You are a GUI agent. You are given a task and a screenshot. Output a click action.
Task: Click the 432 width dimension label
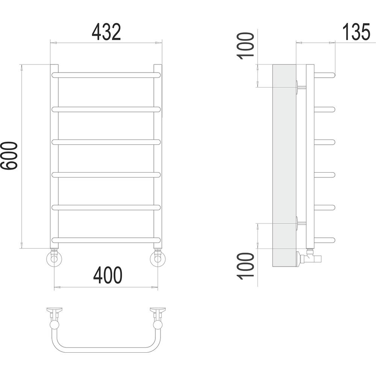click(106, 32)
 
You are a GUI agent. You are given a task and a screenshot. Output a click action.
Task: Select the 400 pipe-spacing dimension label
click(108, 275)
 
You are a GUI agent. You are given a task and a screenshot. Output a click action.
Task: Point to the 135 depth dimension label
click(356, 32)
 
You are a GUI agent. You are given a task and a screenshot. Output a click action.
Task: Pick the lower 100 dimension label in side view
click(245, 266)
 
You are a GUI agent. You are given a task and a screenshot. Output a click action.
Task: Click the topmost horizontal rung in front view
click(106, 75)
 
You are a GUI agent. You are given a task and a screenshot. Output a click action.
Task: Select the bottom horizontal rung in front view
click(106, 240)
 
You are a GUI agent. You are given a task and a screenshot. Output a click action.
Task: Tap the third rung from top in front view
click(106, 142)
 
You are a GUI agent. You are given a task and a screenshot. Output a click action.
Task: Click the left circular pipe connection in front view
click(54, 259)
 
